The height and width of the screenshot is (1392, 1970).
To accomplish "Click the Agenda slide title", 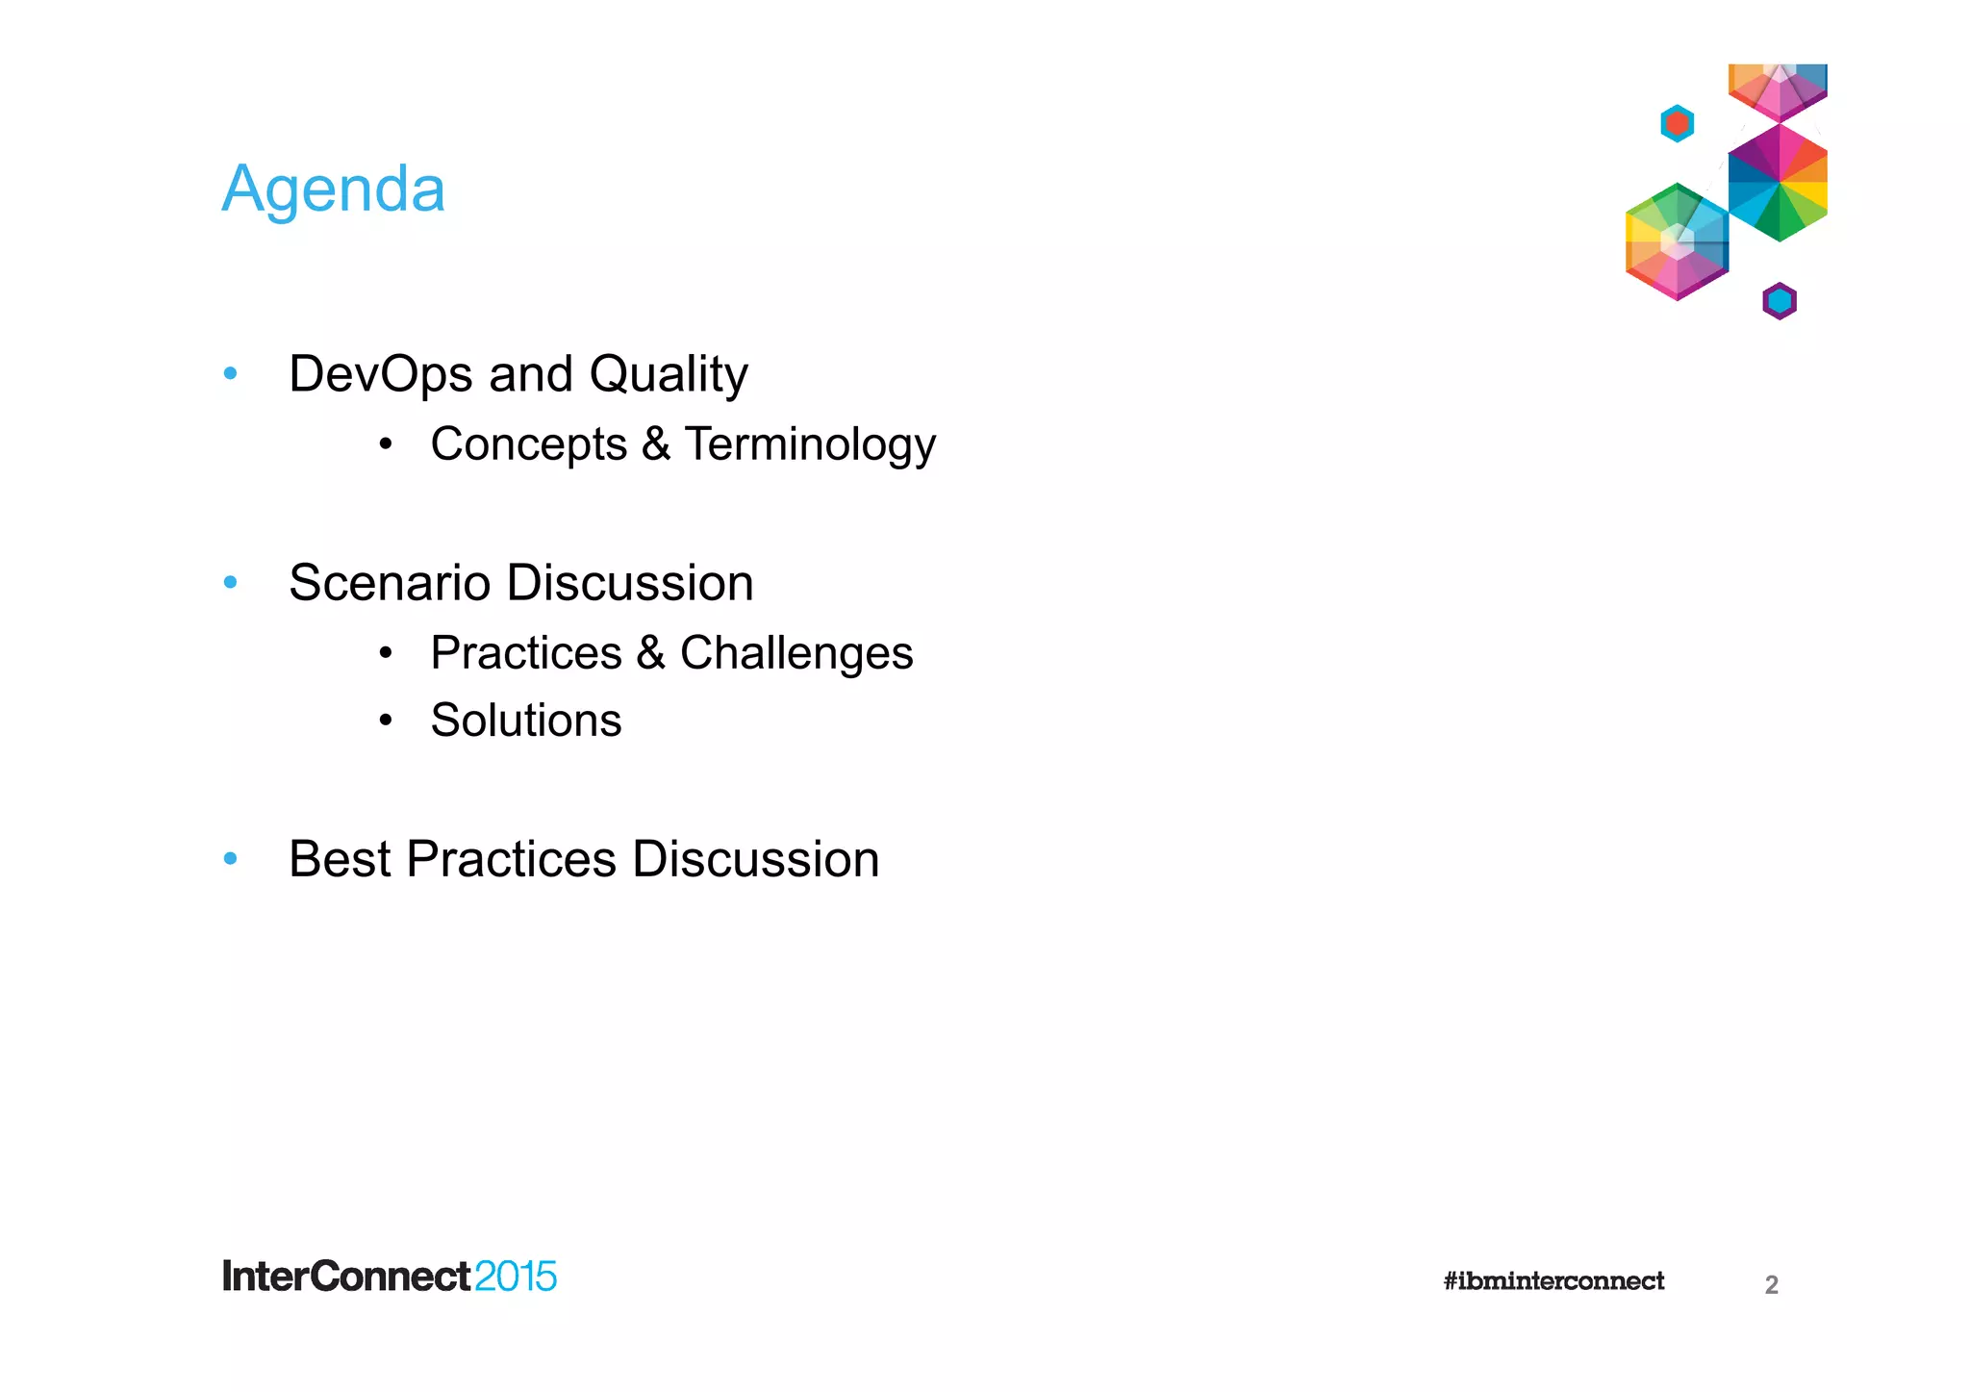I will (x=333, y=190).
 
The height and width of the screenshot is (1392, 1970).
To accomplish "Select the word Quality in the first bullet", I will (x=669, y=375).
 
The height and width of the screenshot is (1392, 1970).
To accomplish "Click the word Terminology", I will (x=810, y=445).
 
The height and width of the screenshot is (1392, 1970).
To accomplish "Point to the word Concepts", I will (x=528, y=445).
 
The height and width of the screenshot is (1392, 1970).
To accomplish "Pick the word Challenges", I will (x=796, y=654).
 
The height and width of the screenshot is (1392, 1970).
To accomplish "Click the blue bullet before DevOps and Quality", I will (x=230, y=373).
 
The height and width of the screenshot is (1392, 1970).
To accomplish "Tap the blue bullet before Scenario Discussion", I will (x=230, y=582).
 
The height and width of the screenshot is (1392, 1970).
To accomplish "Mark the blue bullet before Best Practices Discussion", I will (x=230, y=858).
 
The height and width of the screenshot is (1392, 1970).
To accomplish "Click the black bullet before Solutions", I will (x=386, y=721).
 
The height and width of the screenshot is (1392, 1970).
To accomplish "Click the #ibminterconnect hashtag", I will (x=1553, y=1281).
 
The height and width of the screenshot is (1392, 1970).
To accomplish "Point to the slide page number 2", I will (x=1771, y=1285).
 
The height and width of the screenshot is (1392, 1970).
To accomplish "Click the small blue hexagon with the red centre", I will (x=1677, y=123).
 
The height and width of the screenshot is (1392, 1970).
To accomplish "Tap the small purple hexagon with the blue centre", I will (x=1780, y=301).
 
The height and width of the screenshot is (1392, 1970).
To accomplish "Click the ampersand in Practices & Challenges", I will (x=651, y=654).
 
